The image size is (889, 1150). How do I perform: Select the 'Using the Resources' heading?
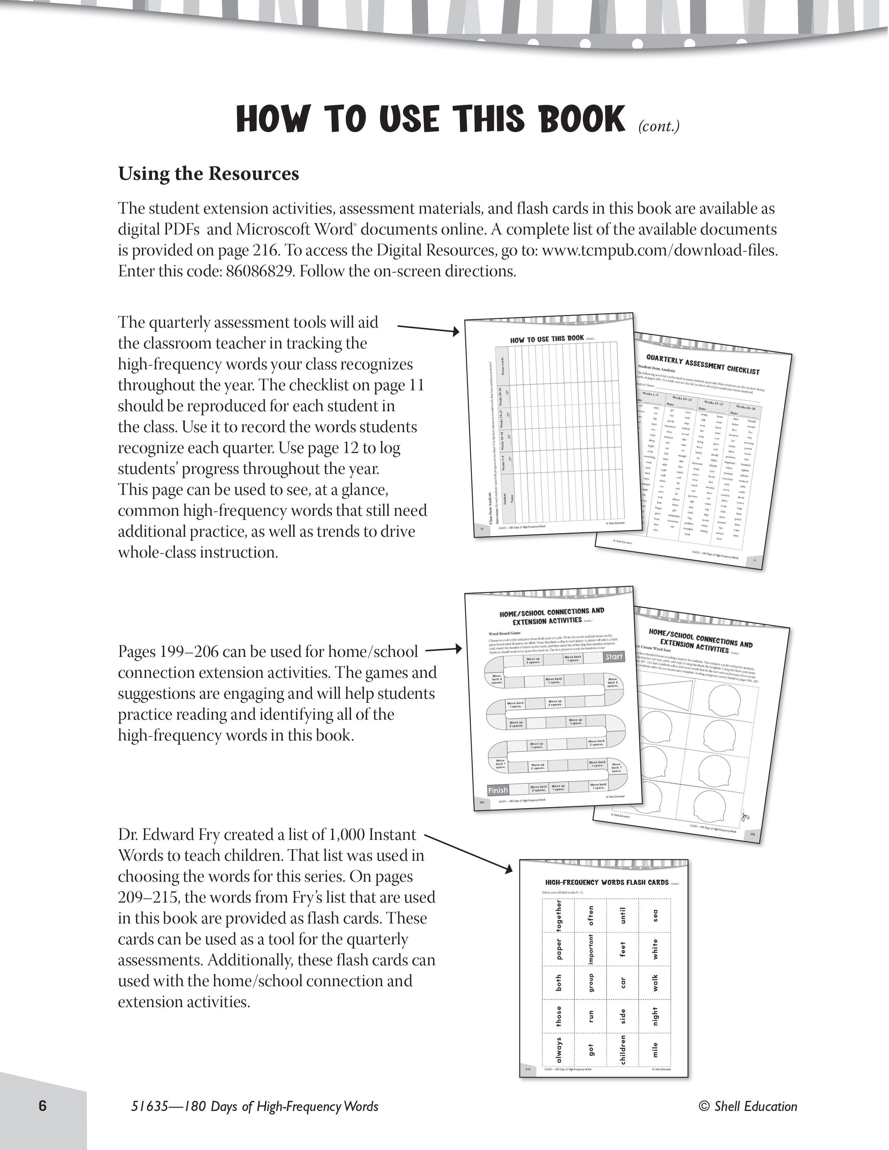[x=208, y=174]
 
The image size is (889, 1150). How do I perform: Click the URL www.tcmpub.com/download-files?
[x=659, y=250]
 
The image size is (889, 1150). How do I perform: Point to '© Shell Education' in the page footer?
[x=748, y=1106]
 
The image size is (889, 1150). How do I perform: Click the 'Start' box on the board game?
[x=614, y=657]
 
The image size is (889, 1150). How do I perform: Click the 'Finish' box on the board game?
[x=498, y=790]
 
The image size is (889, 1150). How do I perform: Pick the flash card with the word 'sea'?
[x=655, y=916]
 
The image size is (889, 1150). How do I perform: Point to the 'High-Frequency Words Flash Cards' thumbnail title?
[x=607, y=882]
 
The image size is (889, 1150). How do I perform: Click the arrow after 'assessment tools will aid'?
[x=429, y=329]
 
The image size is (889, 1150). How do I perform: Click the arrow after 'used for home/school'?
[x=443, y=650]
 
